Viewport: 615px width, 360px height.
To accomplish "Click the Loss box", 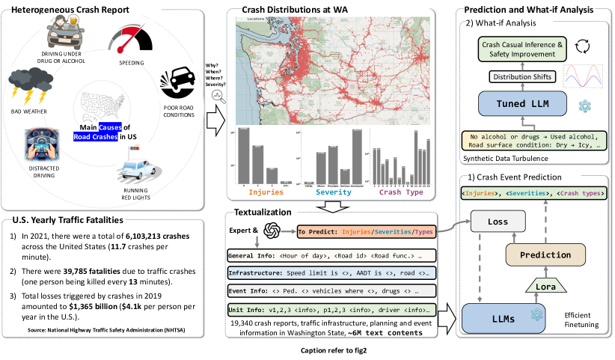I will pos(492,222).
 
